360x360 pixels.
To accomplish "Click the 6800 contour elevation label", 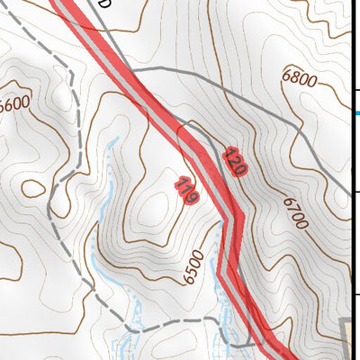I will (x=299, y=79).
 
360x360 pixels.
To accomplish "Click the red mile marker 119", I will (x=187, y=190).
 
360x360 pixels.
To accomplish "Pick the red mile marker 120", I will (x=235, y=161).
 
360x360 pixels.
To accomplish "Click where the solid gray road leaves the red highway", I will (x=132, y=69).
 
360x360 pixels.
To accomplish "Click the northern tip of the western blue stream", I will (x=114, y=139).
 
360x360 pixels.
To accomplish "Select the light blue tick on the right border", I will (x=356, y=112).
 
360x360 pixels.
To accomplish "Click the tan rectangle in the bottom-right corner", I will (x=352, y=337).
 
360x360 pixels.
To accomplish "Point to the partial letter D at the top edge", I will (x=104, y=4).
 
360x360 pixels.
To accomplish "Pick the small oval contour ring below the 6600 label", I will (x=33, y=188).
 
